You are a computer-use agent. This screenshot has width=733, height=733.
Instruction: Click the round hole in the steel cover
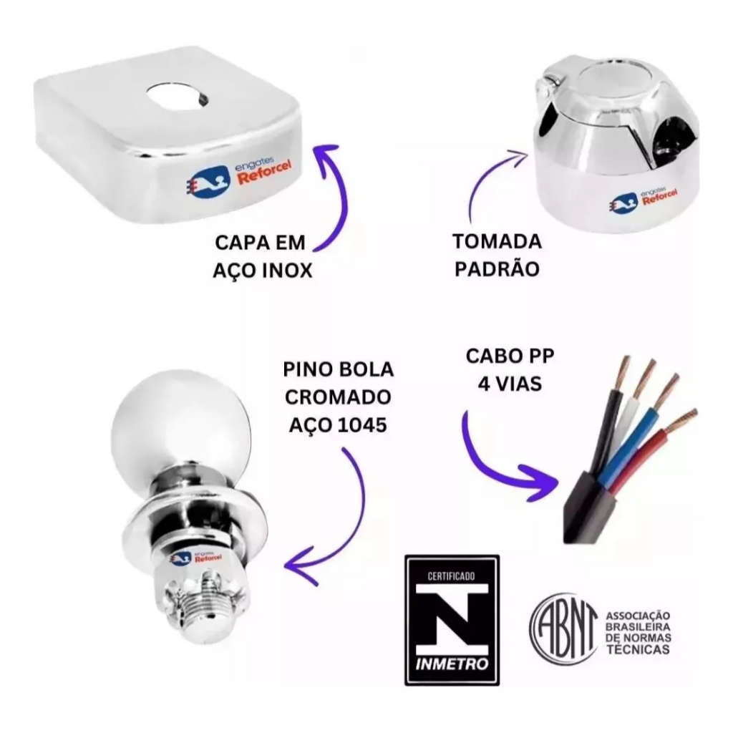coord(178,97)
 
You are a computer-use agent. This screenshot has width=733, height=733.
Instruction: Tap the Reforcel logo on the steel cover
coord(239,176)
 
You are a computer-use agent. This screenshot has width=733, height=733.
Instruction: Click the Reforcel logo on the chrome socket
coord(644,199)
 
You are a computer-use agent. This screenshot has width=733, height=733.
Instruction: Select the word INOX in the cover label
coord(286,271)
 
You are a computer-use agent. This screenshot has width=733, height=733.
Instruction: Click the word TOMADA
coord(497,242)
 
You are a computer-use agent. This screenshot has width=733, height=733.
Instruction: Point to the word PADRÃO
coord(497,269)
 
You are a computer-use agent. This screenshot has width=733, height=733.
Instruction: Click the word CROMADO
coord(338,397)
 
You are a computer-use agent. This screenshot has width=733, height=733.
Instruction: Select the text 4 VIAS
coord(510,384)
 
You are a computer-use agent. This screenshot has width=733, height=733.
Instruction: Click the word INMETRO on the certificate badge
coord(452,664)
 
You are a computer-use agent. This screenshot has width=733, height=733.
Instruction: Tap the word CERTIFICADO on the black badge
coord(451,576)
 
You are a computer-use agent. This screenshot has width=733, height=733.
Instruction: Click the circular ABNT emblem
coord(563,628)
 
